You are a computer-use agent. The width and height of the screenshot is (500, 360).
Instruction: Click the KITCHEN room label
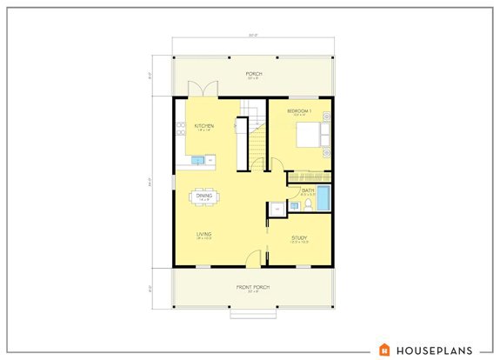[x=204, y=126]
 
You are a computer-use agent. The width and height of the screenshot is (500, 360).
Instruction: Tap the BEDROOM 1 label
[x=298, y=111]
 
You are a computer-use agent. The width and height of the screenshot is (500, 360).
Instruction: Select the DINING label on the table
[x=203, y=196]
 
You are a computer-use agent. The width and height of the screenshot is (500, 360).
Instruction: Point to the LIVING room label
[x=204, y=233]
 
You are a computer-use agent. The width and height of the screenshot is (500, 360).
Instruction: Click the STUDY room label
[x=299, y=237]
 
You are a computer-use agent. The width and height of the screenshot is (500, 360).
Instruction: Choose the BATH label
[x=308, y=190]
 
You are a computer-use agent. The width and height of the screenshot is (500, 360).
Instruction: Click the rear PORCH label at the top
[x=254, y=74]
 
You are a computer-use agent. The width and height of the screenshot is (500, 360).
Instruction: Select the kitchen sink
[x=197, y=160]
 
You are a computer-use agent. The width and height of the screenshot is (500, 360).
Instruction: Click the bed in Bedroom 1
[x=310, y=137]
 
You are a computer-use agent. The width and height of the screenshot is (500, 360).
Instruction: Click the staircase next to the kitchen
[x=255, y=130]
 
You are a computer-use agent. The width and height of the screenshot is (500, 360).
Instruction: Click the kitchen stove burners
[x=182, y=131]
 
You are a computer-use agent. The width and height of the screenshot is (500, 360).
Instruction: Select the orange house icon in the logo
[x=385, y=350]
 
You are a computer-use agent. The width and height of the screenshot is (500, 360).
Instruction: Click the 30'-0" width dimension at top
[x=254, y=37]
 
